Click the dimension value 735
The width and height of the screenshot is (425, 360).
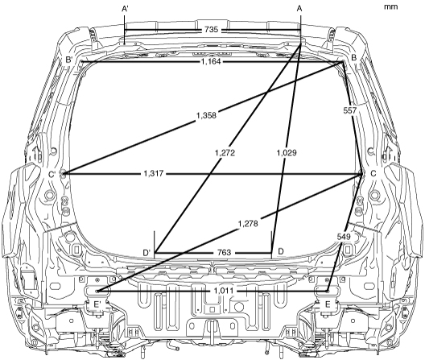pos(211,29)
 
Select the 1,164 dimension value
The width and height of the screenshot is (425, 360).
pos(211,62)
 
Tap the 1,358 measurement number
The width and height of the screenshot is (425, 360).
pos(206,115)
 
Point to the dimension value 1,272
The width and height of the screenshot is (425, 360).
pos(225,153)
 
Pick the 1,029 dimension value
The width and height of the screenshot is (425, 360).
pos(287,153)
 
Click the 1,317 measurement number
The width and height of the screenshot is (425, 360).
pos(154,173)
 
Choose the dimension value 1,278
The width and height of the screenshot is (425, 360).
pos(248,224)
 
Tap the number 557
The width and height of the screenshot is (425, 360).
pos(350,110)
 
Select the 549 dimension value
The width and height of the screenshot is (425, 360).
pos(344,237)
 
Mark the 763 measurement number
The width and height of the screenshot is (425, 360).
pos(224,253)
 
